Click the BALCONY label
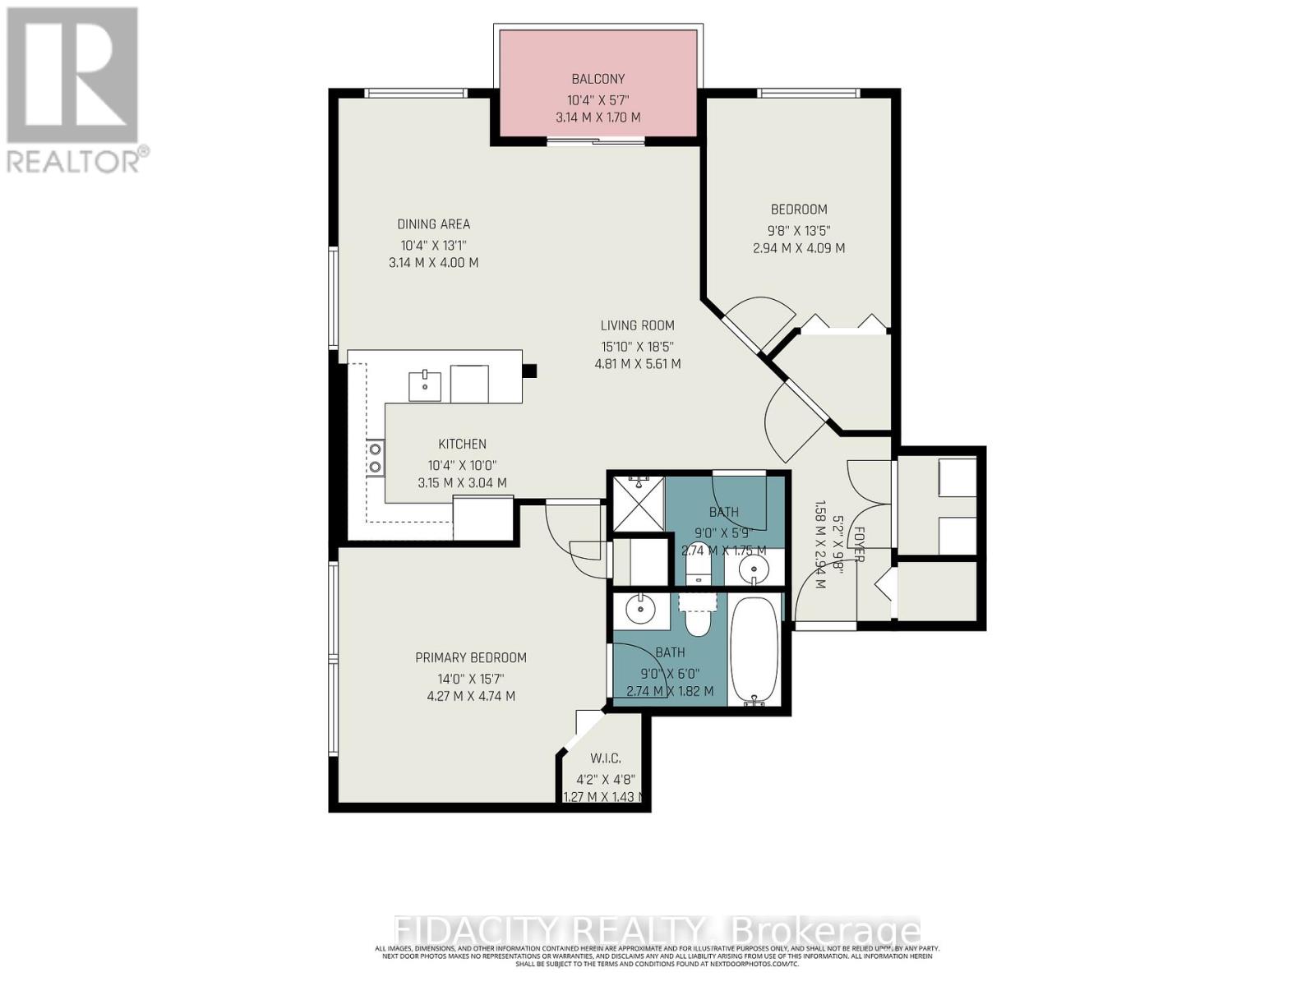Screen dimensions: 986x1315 (598, 79)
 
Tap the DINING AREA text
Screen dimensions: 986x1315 (433, 224)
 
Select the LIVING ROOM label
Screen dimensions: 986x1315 (637, 325)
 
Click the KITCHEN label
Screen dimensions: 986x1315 (462, 444)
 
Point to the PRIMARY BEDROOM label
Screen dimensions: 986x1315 (470, 657)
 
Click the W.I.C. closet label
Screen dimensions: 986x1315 (605, 758)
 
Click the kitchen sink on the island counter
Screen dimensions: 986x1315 (425, 385)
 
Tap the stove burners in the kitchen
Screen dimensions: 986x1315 (375, 458)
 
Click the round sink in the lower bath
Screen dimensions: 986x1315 (638, 610)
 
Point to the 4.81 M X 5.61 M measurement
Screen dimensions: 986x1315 (637, 364)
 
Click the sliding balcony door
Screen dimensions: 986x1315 (597, 143)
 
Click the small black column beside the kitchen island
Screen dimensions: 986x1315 (529, 371)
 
